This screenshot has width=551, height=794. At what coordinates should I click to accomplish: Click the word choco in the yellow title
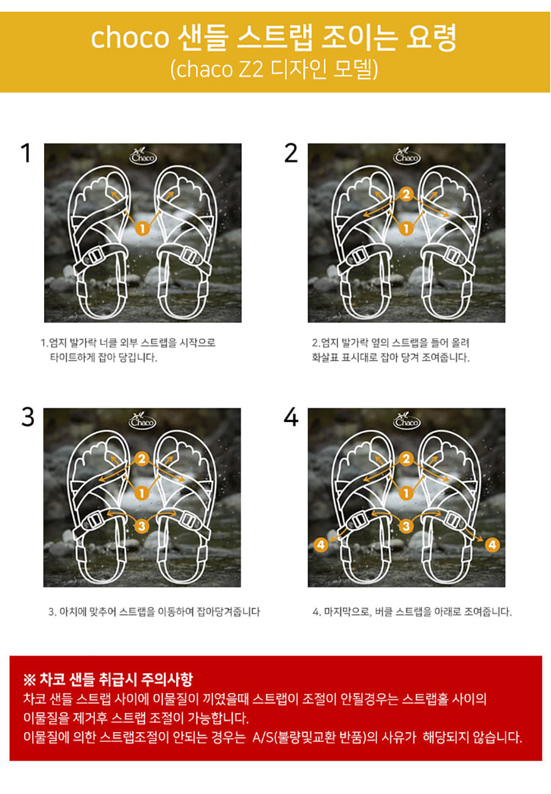coord(130,37)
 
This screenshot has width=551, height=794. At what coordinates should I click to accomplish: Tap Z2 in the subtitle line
coord(252,69)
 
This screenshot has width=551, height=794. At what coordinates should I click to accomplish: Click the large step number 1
coord(26,153)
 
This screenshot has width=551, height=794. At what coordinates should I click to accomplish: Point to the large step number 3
coord(28,417)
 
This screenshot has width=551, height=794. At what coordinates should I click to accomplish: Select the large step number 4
coord(291,417)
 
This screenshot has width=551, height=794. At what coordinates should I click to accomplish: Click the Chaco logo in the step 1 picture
coord(143,155)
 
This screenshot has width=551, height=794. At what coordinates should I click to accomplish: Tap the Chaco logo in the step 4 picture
coord(407,420)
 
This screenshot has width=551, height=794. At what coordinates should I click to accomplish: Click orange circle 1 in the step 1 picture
coord(143,229)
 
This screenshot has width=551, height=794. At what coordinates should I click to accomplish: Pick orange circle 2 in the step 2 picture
coord(406,194)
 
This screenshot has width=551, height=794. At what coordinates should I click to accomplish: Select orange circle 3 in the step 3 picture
coord(141,526)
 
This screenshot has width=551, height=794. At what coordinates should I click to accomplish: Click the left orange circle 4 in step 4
coord(321,545)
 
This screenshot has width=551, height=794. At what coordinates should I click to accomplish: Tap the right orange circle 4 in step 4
coord(492,545)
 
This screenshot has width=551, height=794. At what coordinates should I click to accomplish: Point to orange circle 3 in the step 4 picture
coord(406,526)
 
